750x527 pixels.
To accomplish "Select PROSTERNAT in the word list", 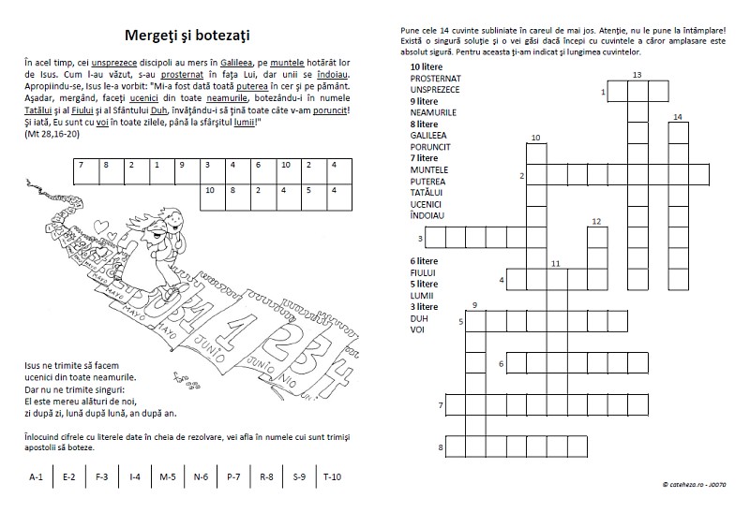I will pos(435,79).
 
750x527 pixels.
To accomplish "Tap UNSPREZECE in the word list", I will pos(435,89).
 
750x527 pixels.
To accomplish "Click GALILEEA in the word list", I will pos(429,135).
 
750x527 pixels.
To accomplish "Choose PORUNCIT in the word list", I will pos(431,146).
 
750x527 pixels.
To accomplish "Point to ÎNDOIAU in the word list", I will pos(427,214).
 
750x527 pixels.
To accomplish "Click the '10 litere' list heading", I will pos(427,67).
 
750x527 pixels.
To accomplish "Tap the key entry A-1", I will pos(36,477).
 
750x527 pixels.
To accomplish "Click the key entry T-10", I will pos(332,477).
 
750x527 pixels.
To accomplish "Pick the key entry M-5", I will pos(168,477).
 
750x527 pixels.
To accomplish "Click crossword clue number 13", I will pos(637,74).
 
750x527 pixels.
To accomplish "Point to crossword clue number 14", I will pos(677,116).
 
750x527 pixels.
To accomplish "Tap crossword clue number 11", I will pos(555,264).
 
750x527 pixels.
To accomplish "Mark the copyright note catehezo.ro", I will pos(694,484).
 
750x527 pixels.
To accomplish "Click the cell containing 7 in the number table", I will pos(82,166).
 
